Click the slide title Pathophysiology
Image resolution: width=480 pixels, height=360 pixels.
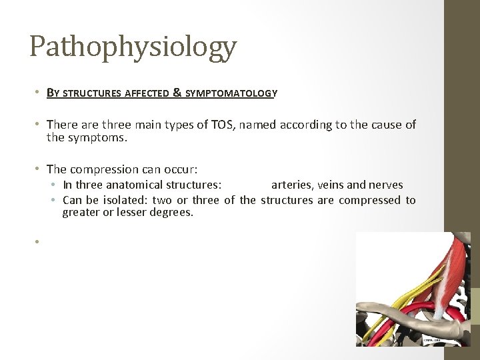[x=133, y=47]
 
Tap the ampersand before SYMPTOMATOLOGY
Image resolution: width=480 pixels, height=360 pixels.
[x=177, y=93]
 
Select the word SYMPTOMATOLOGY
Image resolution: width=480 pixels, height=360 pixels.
[x=230, y=94]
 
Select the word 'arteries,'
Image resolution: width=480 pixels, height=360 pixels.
[x=293, y=185]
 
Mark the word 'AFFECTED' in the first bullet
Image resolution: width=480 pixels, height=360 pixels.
[x=145, y=94]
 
